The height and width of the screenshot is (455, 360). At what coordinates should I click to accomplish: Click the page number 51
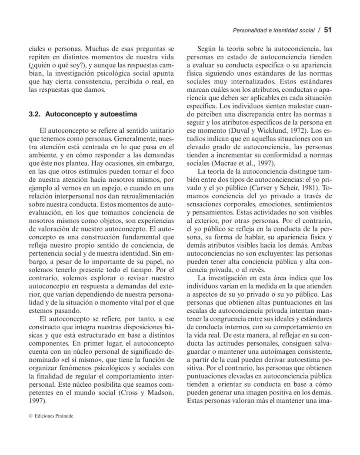point(328,30)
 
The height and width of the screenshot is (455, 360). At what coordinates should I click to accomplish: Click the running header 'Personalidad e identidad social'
point(273,30)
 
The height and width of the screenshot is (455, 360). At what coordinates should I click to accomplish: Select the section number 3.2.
point(34,115)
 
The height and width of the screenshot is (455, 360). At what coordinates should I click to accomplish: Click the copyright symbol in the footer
point(30,416)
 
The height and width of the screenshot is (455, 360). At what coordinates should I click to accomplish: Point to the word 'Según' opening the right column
point(207,49)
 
